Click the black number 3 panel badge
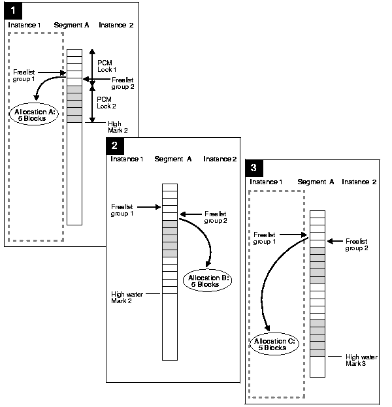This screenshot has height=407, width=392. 254,167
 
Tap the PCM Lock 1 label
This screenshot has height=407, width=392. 106,65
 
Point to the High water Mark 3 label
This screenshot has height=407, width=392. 361,359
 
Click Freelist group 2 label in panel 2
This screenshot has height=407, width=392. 216,216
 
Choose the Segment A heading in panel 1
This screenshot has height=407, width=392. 72,25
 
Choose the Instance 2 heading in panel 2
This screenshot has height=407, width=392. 220,159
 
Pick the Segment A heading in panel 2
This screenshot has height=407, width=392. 173,159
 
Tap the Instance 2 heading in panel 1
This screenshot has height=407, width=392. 116,25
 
